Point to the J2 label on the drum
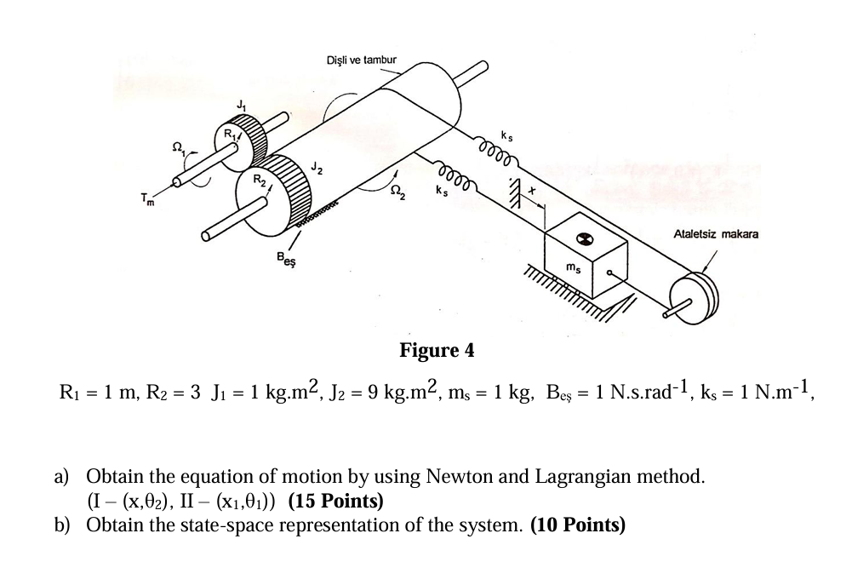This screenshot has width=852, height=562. [x=316, y=166]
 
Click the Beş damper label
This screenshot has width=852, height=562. [x=289, y=255]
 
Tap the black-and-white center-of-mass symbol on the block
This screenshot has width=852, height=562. [x=584, y=239]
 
